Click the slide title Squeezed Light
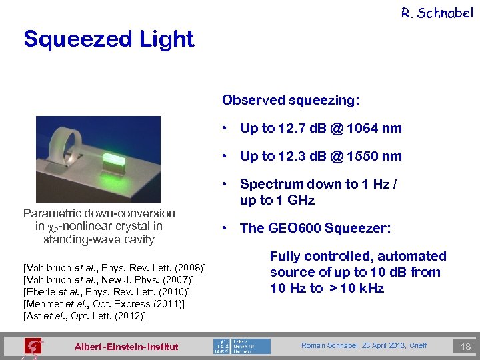coord(109,39)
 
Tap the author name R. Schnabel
coord(437,12)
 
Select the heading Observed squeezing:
coord(291,101)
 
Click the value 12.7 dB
coord(301,128)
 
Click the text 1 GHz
coord(298,200)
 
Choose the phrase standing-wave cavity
coord(99,239)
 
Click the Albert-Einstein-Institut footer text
coord(127,347)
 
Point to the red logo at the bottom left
coord(32,347)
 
